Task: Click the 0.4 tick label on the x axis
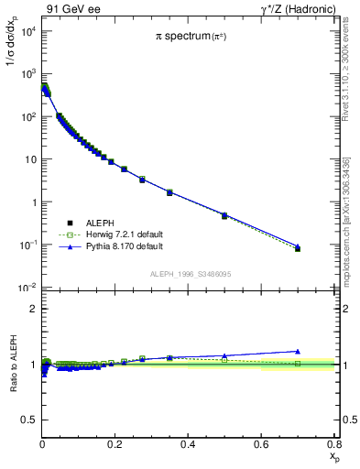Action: pyautogui.click(x=189, y=444)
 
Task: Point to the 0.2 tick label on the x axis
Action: pyautogui.click(x=115, y=444)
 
